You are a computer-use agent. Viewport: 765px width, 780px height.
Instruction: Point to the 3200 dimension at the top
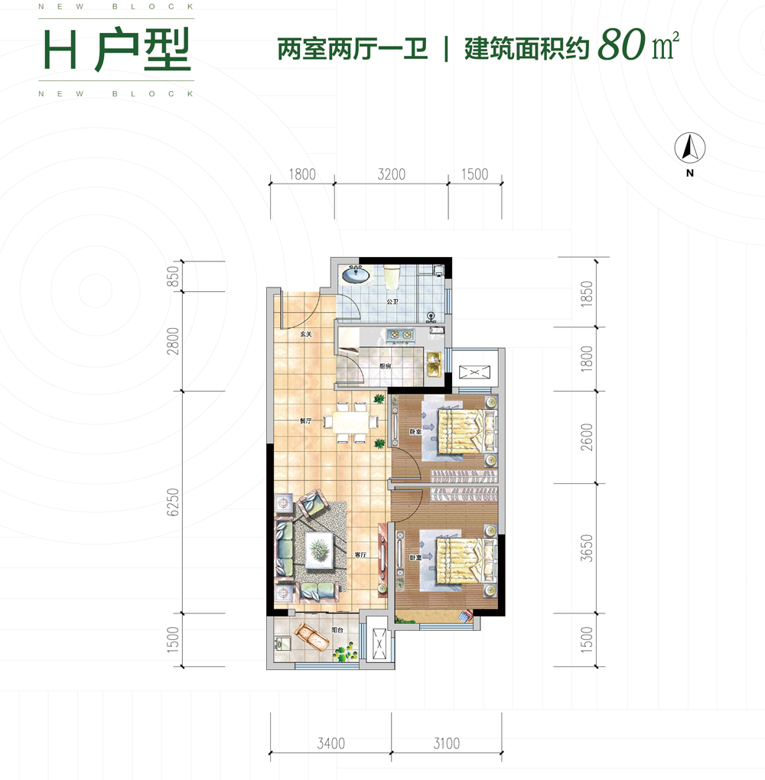coord(391,174)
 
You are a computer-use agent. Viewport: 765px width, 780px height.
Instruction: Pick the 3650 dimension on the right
coord(587,548)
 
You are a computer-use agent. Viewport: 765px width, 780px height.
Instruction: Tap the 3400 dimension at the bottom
coord(330,743)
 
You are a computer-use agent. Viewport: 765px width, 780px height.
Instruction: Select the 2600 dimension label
coord(587,437)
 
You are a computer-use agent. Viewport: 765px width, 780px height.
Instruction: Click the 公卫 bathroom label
coord(392,302)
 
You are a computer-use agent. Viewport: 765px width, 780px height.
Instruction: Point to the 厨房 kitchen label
coord(386,366)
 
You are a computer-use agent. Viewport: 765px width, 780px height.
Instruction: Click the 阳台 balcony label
coord(337,630)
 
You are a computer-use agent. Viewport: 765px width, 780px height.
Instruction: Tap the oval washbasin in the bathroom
coord(354,274)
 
